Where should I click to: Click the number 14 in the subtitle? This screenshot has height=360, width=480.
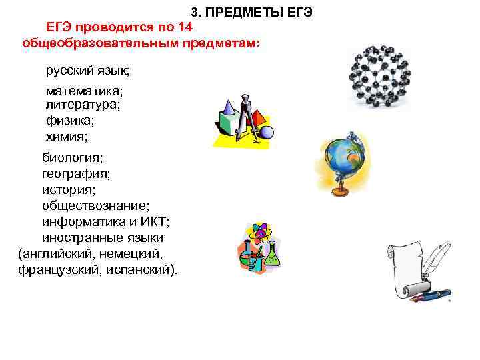click(x=185, y=27)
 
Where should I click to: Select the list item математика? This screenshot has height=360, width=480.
click(x=85, y=90)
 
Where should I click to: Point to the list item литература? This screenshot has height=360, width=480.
click(x=83, y=104)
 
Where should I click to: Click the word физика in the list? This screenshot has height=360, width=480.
click(x=70, y=121)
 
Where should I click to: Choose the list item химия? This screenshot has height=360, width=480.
click(x=67, y=137)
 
